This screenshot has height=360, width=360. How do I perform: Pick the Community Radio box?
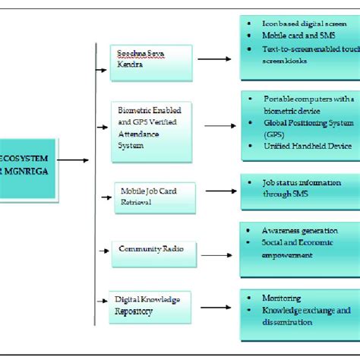[x=150, y=249]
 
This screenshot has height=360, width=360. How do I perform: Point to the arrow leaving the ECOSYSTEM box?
[x=73, y=160]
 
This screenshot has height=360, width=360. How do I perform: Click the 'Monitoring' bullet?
[x=280, y=298]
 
